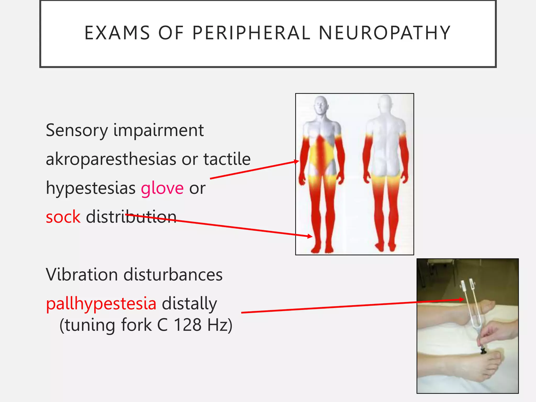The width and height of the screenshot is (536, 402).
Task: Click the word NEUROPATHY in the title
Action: (384, 33)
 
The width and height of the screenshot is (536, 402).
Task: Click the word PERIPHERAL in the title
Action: (251, 33)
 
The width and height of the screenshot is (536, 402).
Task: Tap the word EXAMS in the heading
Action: (117, 33)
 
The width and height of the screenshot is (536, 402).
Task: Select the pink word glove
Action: (162, 188)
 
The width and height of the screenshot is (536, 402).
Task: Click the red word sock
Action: (63, 217)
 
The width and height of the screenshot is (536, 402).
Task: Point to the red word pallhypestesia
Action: (101, 304)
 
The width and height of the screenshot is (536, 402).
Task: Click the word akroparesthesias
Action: (111, 159)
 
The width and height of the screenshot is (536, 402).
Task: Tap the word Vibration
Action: (82, 275)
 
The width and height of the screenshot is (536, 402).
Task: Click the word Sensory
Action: (77, 131)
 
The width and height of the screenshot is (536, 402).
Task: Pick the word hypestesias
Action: (91, 188)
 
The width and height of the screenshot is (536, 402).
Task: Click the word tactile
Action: (227, 159)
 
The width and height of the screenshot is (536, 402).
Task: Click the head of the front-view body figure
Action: (321, 105)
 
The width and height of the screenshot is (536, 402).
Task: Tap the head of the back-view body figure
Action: (385, 103)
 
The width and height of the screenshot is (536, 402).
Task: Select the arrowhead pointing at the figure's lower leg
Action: (310, 236)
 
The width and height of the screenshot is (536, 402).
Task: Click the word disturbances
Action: (173, 275)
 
